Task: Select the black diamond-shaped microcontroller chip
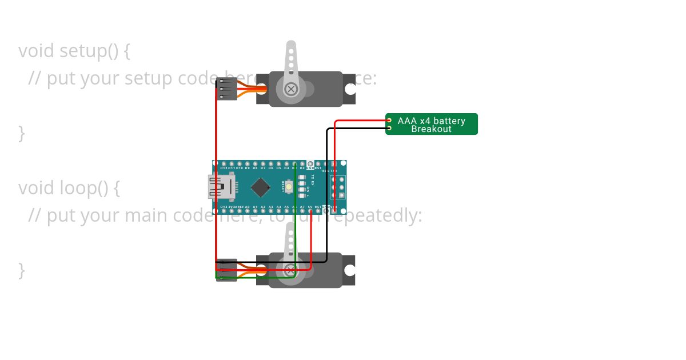[x=261, y=187]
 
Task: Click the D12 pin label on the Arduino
[x=224, y=169]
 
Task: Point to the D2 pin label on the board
[x=302, y=169]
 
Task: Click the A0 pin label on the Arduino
[x=247, y=207]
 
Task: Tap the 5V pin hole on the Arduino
[x=310, y=211]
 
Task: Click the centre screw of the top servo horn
[x=291, y=89]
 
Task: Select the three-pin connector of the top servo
[x=226, y=89]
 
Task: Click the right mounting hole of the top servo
[x=348, y=89]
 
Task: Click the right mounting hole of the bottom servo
[x=348, y=270]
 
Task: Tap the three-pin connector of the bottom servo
[x=226, y=270]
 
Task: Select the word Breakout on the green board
[x=432, y=129]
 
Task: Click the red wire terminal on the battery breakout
[x=389, y=121]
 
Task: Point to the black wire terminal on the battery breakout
[x=389, y=128]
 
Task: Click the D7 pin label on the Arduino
[x=263, y=169]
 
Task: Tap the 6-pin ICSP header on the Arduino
[x=338, y=187]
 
